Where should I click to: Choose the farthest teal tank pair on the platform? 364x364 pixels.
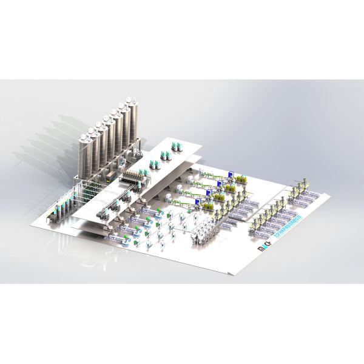click(178, 146)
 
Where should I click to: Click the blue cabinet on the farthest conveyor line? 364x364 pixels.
click(231, 174)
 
